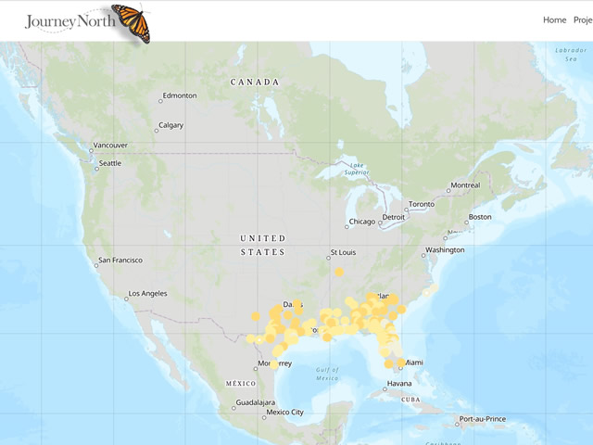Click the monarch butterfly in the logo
tap(131, 22)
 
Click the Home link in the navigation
tap(554, 19)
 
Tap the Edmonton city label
tap(179, 95)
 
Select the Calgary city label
tap(170, 125)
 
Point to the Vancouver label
tap(110, 146)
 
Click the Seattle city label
tap(109, 163)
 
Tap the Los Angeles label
tap(148, 294)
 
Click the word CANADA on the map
tap(255, 83)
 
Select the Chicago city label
tap(362, 222)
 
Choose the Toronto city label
tap(422, 204)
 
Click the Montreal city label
tap(465, 185)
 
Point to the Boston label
tap(480, 217)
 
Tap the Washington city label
tap(445, 250)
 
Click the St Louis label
tap(342, 253)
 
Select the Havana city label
tap(399, 384)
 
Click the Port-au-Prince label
tap(486, 419)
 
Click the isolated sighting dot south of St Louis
tap(339, 272)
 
